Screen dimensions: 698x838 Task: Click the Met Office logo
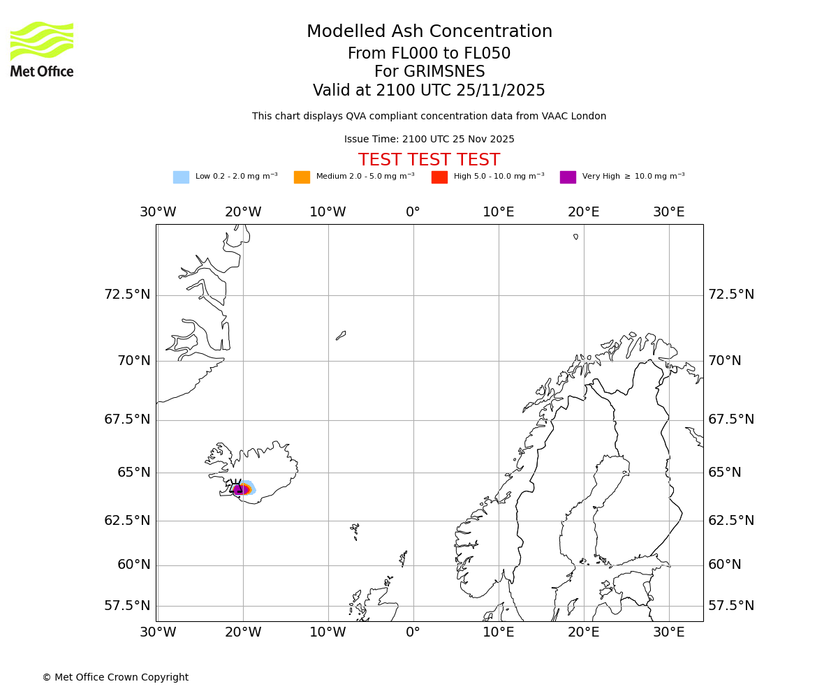pyautogui.click(x=42, y=49)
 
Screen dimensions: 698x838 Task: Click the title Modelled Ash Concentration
pyautogui.click(x=429, y=32)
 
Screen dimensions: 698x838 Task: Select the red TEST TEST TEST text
pyautogui.click(x=429, y=161)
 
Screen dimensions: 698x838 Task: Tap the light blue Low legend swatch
pyautogui.click(x=181, y=177)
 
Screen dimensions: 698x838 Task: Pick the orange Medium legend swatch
pyautogui.click(x=302, y=177)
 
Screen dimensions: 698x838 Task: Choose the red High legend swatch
pyautogui.click(x=439, y=177)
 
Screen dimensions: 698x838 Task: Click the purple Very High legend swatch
pyautogui.click(x=568, y=177)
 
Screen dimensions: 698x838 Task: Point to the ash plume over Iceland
pyautogui.click(x=243, y=489)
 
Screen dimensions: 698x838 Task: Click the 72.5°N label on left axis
pyautogui.click(x=127, y=295)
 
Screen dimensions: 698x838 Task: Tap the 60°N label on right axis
pyautogui.click(x=725, y=565)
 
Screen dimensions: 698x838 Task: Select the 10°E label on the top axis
pyautogui.click(x=499, y=212)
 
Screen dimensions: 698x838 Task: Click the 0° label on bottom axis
pyautogui.click(x=413, y=632)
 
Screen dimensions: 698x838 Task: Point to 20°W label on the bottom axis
pyautogui.click(x=243, y=632)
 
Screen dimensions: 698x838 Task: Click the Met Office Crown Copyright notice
pyautogui.click(x=115, y=678)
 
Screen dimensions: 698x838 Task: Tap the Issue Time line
pyautogui.click(x=429, y=140)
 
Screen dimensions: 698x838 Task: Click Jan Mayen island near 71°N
pyautogui.click(x=341, y=336)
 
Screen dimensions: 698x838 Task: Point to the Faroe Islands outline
pyautogui.click(x=355, y=530)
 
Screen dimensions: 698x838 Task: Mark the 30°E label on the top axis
pyautogui.click(x=668, y=212)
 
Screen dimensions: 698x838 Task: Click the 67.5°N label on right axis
pyautogui.click(x=731, y=419)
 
